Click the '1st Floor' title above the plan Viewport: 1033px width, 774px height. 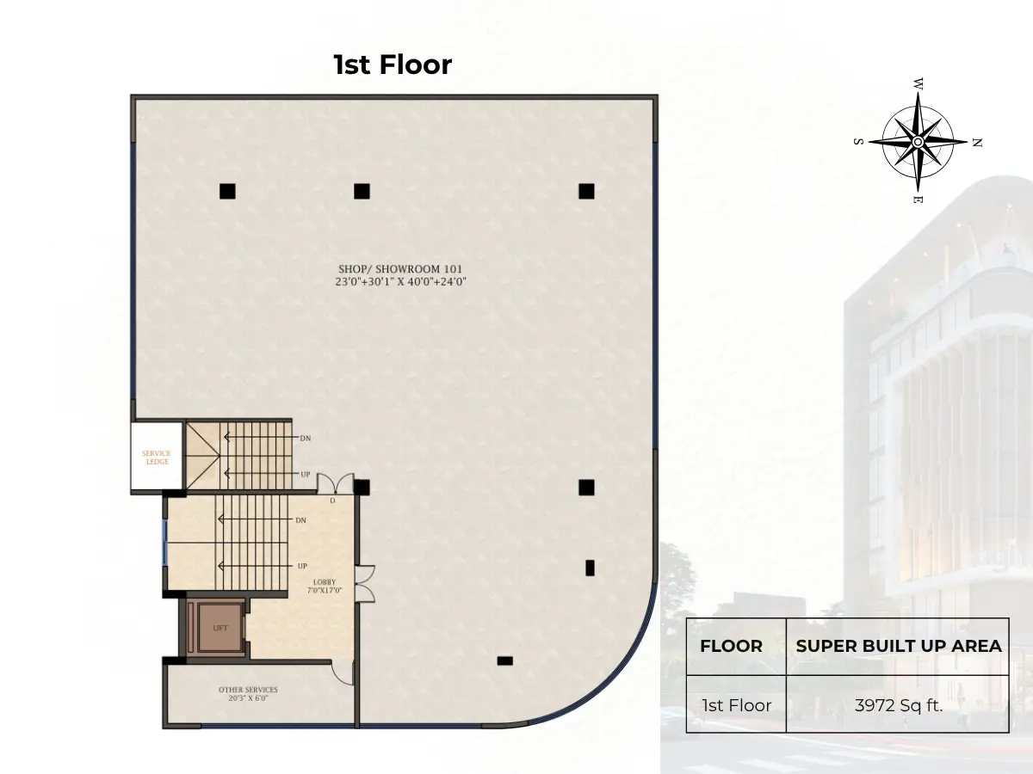tap(393, 64)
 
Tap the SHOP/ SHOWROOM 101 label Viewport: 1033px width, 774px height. tap(400, 269)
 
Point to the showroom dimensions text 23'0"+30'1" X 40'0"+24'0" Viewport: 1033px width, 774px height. tap(400, 281)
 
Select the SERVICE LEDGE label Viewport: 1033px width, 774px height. tap(157, 458)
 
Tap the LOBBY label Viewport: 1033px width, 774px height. tap(325, 582)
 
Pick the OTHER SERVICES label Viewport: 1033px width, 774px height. tap(248, 690)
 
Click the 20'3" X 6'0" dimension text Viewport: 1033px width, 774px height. tap(248, 698)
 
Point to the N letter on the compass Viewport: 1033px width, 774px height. tap(977, 143)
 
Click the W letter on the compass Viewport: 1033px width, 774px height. tap(919, 84)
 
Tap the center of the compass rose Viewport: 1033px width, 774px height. tap(918, 141)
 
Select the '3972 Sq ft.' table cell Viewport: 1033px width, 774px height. tap(898, 705)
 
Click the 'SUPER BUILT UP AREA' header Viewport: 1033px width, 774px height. tap(899, 646)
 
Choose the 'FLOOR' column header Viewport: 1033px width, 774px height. tap(731, 646)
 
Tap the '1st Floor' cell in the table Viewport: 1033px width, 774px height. tap(737, 705)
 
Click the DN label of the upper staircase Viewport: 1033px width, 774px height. tap(306, 438)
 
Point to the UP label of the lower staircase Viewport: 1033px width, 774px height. tap(302, 566)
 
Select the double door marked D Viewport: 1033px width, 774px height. tap(335, 483)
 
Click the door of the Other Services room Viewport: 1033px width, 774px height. tap(342, 673)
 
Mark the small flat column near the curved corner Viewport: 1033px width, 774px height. tap(504, 660)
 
